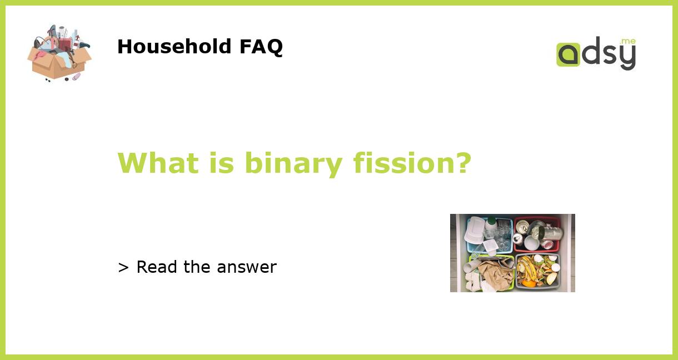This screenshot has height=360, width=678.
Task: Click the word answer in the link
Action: tap(247, 268)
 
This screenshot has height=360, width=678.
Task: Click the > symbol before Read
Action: tap(123, 268)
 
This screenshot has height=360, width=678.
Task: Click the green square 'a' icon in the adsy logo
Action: tap(568, 55)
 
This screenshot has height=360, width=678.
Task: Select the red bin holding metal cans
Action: tap(536, 234)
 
